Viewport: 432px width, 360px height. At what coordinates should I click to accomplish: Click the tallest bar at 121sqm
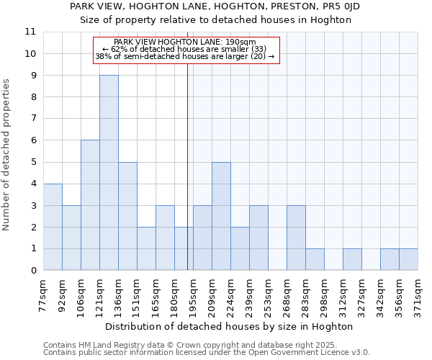[109, 173]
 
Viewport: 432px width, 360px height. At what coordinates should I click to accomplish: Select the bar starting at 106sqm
[90, 205]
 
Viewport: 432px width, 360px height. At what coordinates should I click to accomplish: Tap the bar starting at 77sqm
[53, 227]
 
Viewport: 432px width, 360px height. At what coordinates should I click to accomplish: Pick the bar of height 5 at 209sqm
[221, 216]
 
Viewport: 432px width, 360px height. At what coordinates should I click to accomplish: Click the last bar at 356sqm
[408, 259]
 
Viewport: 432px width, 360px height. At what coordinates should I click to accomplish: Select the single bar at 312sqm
[352, 259]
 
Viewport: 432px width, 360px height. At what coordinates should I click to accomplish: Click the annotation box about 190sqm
[185, 50]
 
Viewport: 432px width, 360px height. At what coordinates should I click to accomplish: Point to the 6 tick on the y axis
[33, 140]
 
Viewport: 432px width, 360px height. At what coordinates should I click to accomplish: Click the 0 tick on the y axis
[33, 271]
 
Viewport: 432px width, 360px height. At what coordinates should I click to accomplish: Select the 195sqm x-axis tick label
[193, 293]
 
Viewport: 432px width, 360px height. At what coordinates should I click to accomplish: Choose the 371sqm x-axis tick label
[418, 293]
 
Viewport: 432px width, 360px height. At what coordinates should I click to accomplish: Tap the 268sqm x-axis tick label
[287, 293]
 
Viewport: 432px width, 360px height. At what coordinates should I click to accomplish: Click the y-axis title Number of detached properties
[7, 155]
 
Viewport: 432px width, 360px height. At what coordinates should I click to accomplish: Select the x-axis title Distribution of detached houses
[234, 326]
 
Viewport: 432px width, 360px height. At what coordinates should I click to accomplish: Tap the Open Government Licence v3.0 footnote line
[206, 353]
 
